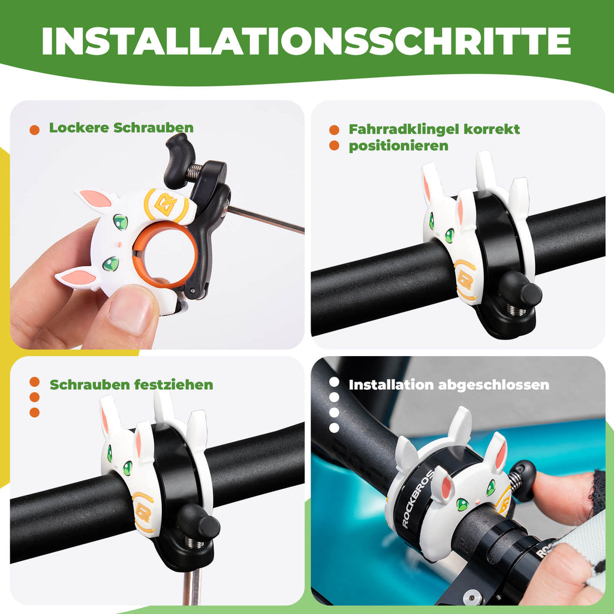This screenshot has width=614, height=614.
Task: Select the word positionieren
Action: pos(398,146)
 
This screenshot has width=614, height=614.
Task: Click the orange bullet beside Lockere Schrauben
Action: pos(35,129)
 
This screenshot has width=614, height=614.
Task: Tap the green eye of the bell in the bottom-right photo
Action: pos(462,504)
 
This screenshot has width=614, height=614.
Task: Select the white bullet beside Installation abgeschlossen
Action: pos(335,382)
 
